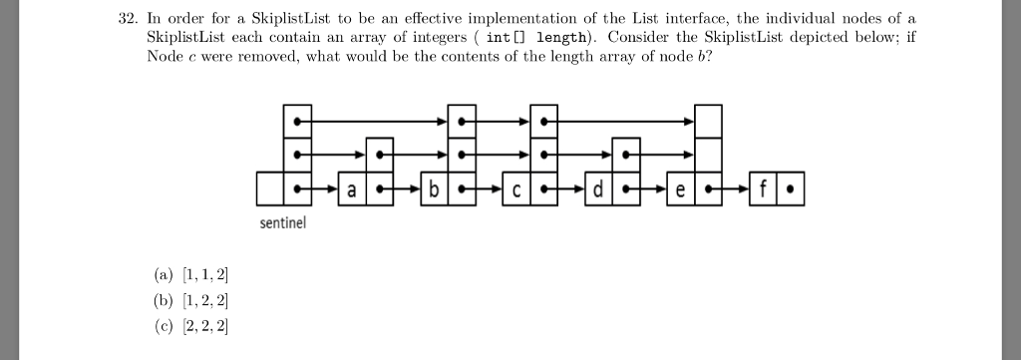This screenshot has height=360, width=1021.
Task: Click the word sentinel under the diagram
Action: (283, 224)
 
